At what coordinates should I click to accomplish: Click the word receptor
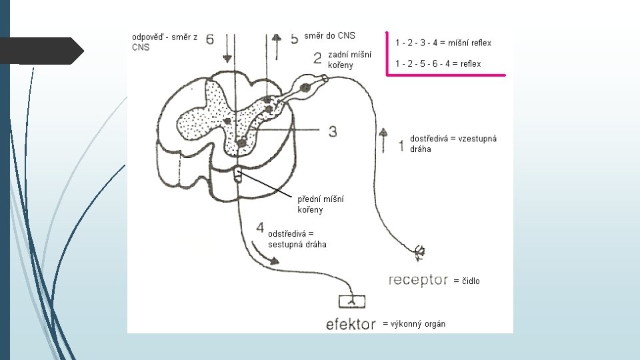click(x=418, y=280)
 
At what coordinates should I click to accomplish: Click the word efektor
click(x=351, y=325)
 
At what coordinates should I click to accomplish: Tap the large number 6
click(x=210, y=39)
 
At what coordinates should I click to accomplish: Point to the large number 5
click(x=294, y=39)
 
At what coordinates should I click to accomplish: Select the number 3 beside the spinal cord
click(x=332, y=131)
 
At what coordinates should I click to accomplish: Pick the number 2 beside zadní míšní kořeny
click(x=317, y=58)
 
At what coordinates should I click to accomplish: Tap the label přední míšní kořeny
click(x=321, y=204)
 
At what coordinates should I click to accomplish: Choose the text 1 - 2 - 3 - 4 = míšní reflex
click(x=443, y=43)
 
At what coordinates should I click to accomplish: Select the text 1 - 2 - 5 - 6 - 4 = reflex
click(x=438, y=63)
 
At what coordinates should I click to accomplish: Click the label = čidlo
click(x=467, y=281)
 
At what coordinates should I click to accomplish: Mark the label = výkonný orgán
click(x=414, y=324)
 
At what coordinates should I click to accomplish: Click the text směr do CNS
click(x=330, y=35)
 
